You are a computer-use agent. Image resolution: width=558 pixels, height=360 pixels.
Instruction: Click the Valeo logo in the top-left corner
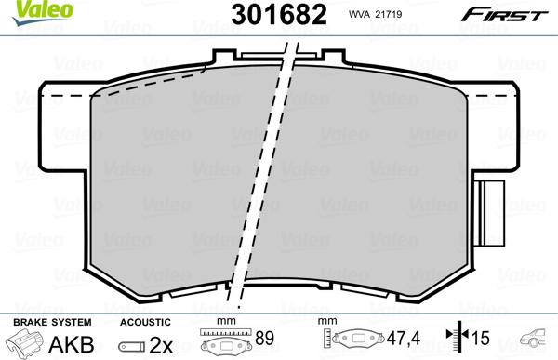[x=24, y=9]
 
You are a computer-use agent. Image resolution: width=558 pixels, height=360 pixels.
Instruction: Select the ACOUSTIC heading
[x=145, y=321]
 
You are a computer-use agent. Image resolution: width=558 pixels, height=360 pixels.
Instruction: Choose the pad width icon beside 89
[x=226, y=342]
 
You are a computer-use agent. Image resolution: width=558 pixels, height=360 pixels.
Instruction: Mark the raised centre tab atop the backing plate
[x=271, y=56]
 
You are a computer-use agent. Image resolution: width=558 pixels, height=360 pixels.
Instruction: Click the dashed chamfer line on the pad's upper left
[x=149, y=86]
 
